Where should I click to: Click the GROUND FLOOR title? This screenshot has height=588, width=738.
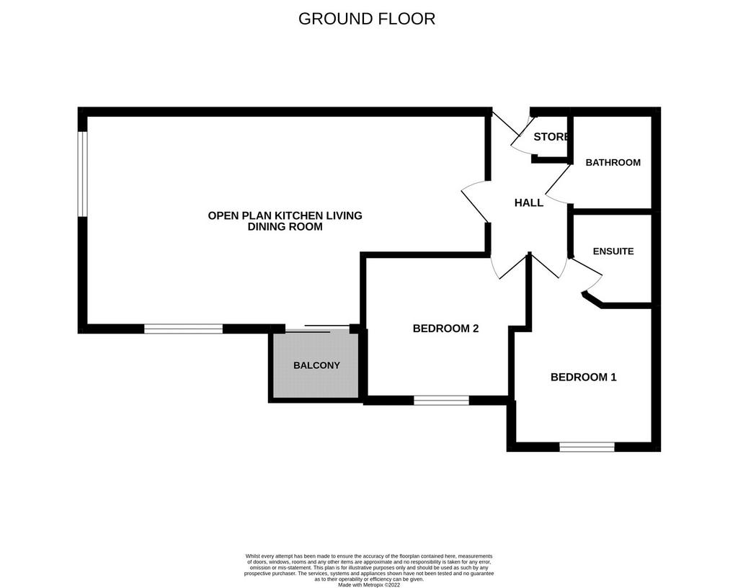click(367, 19)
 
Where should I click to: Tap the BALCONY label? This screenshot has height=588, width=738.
click(316, 365)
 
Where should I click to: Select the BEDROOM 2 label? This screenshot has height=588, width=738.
click(445, 329)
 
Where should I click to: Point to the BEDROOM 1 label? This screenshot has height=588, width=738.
click(584, 377)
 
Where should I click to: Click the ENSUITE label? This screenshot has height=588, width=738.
click(613, 251)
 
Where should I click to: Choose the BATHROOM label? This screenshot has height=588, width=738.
click(613, 162)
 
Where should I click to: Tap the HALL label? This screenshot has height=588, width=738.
click(529, 202)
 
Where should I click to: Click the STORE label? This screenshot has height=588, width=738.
click(551, 137)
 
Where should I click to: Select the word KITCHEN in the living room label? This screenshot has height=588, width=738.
click(295, 215)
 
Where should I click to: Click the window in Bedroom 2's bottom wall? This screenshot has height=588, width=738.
click(442, 401)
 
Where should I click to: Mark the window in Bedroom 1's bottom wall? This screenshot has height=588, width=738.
click(587, 447)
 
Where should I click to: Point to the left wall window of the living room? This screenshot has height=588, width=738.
click(83, 174)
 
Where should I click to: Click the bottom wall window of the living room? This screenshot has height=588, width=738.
click(183, 329)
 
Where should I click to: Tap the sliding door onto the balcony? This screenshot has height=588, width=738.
click(317, 329)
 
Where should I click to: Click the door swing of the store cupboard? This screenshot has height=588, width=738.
click(523, 136)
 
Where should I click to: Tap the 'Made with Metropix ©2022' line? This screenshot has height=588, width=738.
click(369, 585)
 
